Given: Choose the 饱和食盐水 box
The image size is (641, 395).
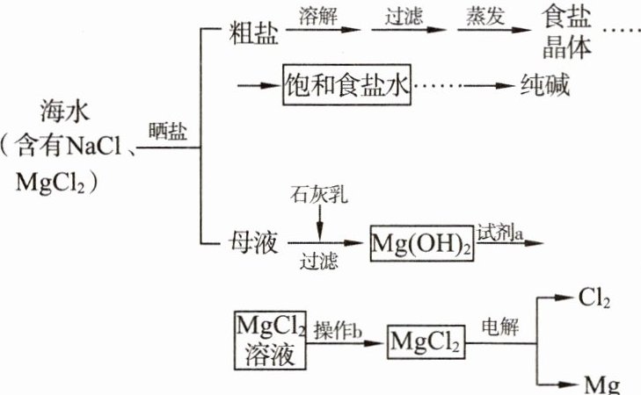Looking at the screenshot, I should tap(346, 85).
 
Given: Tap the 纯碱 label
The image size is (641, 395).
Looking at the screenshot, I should tap(544, 86).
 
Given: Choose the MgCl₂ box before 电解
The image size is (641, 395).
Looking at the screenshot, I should tap(425, 339).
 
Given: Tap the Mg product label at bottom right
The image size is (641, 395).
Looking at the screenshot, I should tap(601, 384).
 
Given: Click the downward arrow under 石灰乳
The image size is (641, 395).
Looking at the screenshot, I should tap(320, 222).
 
